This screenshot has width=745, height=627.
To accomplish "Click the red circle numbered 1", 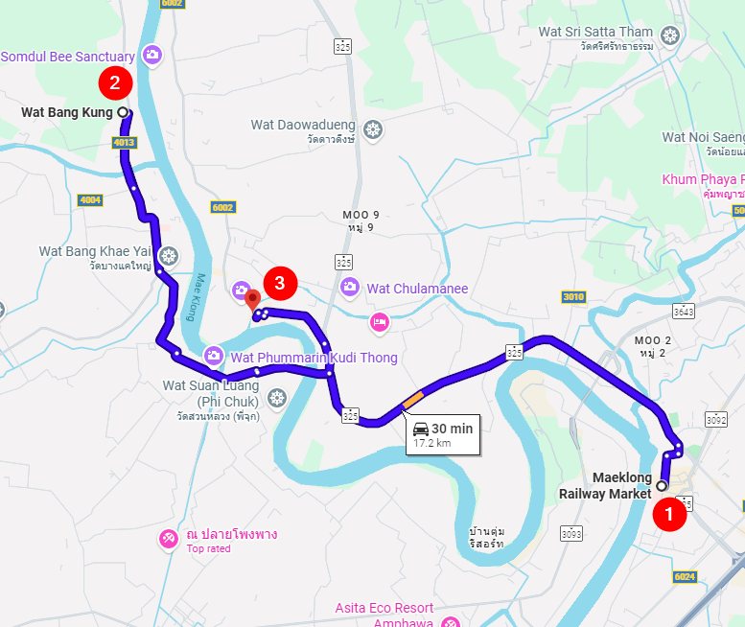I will click(668, 515).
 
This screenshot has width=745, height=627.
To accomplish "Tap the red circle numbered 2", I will click(115, 82).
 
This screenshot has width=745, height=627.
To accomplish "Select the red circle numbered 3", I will click(279, 283).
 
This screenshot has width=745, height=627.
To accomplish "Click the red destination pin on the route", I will click(252, 300).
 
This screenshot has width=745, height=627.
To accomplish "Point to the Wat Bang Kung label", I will click(67, 112).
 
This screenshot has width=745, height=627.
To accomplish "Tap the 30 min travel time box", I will click(441, 434).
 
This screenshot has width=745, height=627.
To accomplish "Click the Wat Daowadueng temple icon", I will click(373, 127).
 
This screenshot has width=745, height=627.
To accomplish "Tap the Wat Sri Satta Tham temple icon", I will click(670, 35).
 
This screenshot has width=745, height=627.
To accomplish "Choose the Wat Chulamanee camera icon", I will click(350, 287).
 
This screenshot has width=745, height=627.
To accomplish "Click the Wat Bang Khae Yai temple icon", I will click(168, 255).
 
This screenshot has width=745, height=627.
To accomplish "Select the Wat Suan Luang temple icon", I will click(277, 397).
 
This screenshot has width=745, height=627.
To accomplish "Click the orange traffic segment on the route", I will click(412, 397).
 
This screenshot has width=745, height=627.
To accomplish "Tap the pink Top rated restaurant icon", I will click(169, 539).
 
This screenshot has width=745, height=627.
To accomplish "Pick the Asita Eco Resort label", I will click(384, 608).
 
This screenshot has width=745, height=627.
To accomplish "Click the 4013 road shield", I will click(124, 143).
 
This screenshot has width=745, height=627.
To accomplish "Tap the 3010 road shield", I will click(572, 297).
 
